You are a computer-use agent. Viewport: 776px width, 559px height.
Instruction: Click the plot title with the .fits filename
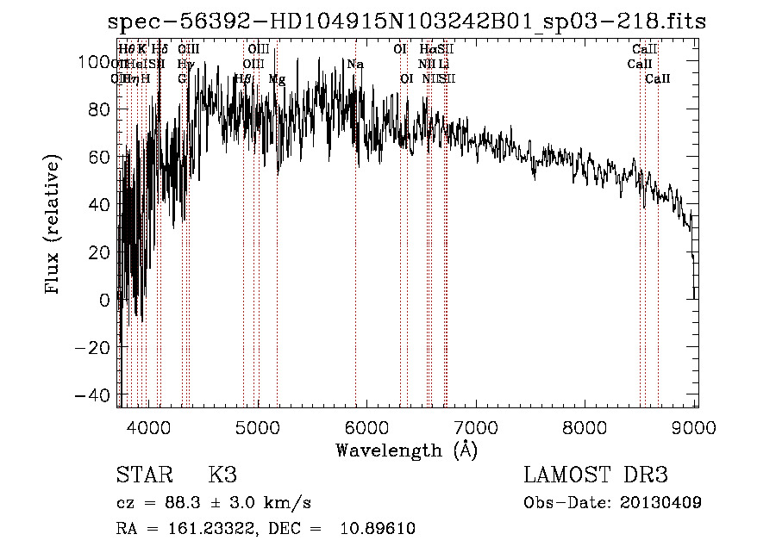(406, 22)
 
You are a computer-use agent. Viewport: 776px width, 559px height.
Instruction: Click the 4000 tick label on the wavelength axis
(148, 428)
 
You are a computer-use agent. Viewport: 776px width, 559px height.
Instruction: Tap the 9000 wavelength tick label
(697, 428)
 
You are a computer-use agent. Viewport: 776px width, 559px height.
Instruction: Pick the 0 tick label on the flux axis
(105, 300)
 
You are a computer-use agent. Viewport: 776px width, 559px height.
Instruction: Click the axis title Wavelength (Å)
(406, 450)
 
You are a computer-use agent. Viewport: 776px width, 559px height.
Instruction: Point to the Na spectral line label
(355, 65)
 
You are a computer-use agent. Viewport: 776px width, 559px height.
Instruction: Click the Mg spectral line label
(277, 79)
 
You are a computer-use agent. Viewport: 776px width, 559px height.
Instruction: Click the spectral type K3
(222, 476)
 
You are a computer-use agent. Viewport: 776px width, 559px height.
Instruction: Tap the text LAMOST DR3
(596, 476)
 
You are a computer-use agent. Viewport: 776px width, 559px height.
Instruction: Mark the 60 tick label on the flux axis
(100, 157)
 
